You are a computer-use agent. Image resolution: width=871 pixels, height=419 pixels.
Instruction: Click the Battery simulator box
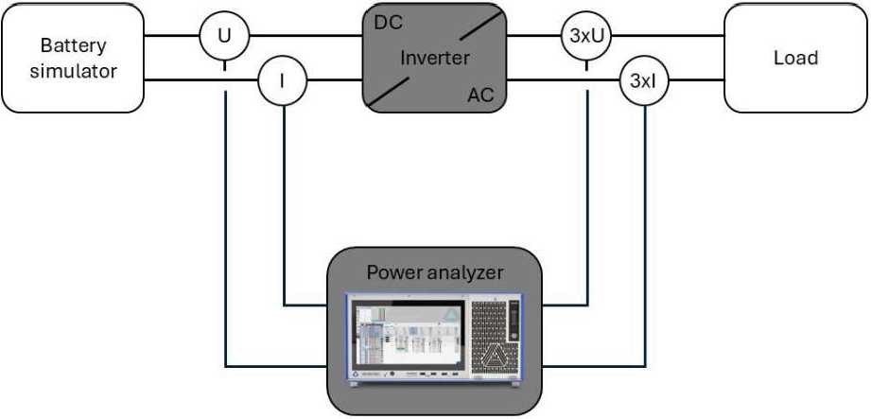(x=73, y=58)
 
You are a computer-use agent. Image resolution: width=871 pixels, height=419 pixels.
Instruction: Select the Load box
(x=794, y=58)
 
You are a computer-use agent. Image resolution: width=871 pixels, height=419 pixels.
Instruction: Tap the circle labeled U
(x=224, y=38)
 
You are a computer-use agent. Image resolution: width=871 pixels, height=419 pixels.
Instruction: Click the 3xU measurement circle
(x=586, y=38)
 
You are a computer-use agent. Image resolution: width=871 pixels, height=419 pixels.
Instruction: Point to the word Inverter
(x=434, y=58)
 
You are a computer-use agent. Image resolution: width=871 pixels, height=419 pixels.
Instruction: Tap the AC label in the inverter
(x=482, y=95)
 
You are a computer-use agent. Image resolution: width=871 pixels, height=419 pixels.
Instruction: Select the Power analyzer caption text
(x=434, y=273)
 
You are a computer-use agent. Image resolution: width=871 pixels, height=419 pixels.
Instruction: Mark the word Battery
(x=73, y=45)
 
